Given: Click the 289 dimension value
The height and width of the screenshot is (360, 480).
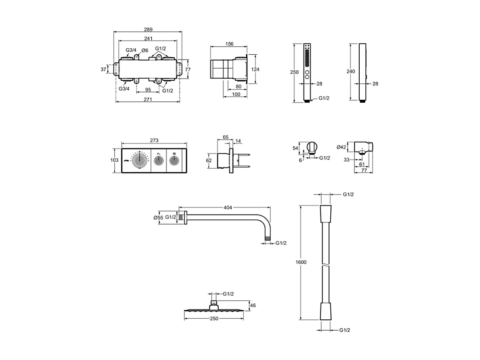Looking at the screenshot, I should click(148, 29).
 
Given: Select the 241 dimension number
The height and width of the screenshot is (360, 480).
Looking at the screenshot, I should click(148, 38).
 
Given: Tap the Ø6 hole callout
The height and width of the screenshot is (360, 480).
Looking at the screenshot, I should click(144, 51).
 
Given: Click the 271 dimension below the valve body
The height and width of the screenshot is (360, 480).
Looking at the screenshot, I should click(148, 100).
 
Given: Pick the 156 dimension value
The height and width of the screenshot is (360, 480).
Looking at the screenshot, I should click(229, 44).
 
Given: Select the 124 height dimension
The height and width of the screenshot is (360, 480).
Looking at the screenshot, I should click(255, 69).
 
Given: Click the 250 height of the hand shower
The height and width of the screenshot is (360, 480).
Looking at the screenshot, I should click(294, 73).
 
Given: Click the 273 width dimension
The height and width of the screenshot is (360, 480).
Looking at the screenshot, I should click(154, 140).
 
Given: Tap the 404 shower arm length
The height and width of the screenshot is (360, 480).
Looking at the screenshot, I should click(228, 208).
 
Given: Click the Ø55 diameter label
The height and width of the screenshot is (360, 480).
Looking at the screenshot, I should click(158, 218).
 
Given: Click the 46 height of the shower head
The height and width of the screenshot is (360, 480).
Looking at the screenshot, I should click(253, 306).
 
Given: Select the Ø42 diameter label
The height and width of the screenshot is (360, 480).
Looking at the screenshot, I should click(342, 147).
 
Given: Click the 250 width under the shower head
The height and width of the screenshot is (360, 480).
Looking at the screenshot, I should click(214, 319).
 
